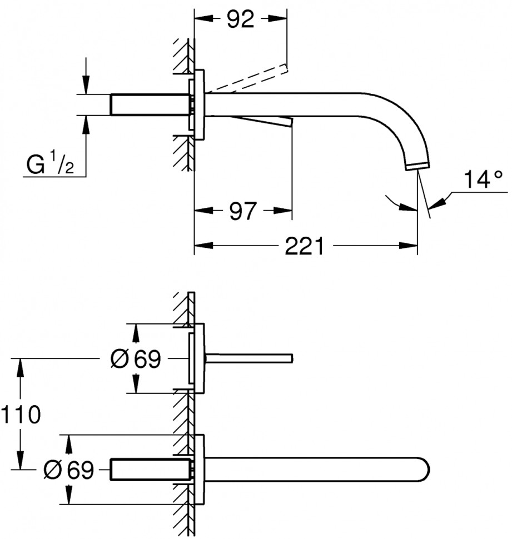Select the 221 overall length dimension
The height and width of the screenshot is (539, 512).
pos(304,246)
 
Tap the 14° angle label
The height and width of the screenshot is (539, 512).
pos(482,180)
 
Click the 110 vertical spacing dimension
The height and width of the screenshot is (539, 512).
pos(21,415)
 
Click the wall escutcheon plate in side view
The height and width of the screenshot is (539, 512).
pos(200,104)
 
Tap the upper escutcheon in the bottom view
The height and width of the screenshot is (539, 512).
pos(199,358)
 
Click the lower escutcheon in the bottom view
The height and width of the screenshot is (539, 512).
pos(199,470)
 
